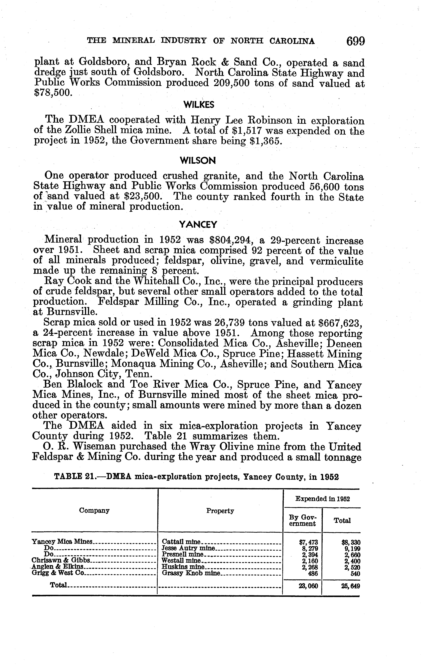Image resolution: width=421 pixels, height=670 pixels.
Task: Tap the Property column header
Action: pyautogui.click(x=220, y=511)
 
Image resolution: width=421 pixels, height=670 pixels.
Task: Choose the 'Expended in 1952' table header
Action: pyautogui.click(x=322, y=499)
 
